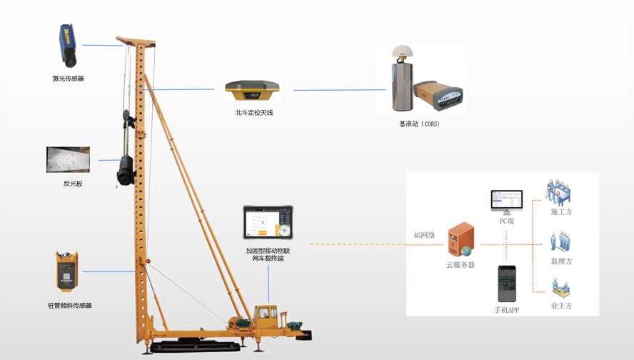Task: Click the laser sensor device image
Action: click(68, 46)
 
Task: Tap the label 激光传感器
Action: click(68, 79)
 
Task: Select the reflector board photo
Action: click(68, 159)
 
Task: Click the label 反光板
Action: click(73, 184)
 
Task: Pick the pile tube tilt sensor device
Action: click(67, 271)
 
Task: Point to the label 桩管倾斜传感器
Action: click(69, 306)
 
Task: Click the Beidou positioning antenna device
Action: click(252, 91)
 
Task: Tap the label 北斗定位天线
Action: click(254, 113)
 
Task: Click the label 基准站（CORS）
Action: click(419, 124)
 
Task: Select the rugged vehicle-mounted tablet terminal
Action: click(268, 223)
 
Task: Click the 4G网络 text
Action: click(424, 235)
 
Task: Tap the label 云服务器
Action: click(461, 265)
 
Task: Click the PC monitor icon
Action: click(506, 202)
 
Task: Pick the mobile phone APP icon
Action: click(506, 284)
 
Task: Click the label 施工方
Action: click(561, 212)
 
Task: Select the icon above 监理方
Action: click(560, 241)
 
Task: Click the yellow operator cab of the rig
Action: click(266, 316)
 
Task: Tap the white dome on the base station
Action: click(403, 52)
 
